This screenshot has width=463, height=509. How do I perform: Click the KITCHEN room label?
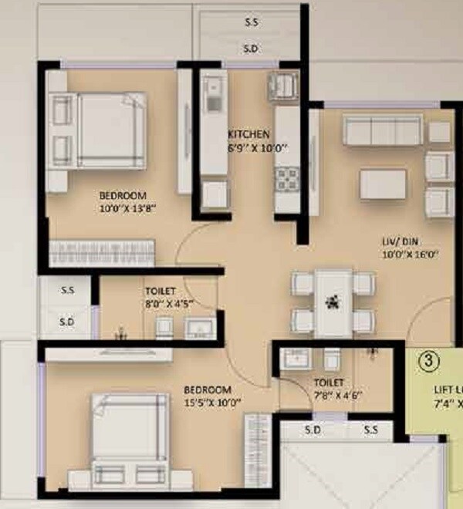pos(248,133)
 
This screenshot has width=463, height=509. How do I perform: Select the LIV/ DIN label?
pos(394,241)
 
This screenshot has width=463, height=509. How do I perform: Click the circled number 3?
pos(426,359)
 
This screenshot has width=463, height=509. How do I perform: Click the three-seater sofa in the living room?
pos(383,130)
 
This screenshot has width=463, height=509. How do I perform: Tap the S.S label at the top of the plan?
pos(252,22)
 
